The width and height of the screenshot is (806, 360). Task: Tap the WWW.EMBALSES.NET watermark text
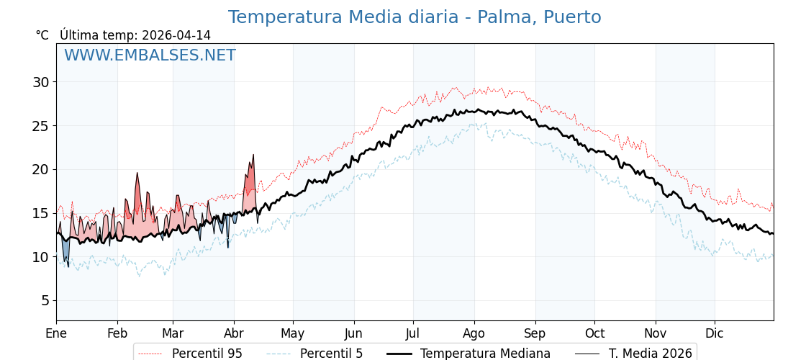click(150, 55)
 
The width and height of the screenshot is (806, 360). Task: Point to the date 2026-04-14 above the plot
click(176, 35)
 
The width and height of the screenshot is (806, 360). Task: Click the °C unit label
click(42, 35)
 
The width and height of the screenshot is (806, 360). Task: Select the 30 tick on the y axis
click(41, 82)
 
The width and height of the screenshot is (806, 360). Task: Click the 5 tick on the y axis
click(45, 300)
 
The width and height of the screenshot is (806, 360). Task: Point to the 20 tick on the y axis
click(41, 169)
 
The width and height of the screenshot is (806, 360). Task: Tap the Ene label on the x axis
click(56, 333)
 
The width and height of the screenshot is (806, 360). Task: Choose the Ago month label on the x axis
click(474, 333)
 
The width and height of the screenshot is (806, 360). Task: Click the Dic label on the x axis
click(715, 333)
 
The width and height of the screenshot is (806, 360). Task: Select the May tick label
click(293, 333)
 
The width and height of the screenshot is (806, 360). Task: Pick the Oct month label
click(594, 333)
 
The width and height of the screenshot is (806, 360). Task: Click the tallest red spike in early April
click(253, 156)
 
